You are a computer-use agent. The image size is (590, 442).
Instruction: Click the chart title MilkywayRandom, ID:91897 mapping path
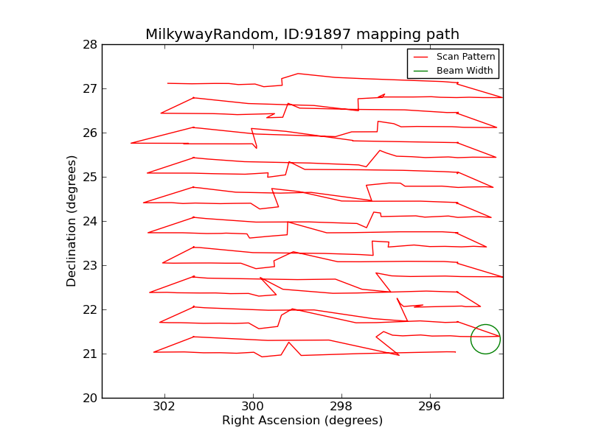point(302,35)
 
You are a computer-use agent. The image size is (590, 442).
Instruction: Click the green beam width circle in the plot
point(485,339)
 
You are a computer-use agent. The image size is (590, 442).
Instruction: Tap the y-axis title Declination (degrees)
point(72,221)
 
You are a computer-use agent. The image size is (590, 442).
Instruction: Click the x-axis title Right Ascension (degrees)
point(302,421)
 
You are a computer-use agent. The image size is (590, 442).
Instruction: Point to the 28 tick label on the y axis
point(90,45)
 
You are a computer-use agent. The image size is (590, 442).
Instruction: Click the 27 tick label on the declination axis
point(90,89)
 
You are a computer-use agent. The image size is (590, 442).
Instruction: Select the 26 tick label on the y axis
point(90,133)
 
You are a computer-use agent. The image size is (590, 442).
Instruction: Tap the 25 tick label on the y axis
point(90,178)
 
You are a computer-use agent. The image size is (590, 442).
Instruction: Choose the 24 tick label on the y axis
point(90,222)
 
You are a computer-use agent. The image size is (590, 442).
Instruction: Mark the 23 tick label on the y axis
point(90,266)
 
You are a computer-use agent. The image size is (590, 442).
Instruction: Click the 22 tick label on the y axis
point(90,310)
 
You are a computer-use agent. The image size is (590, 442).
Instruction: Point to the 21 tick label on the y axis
point(90,354)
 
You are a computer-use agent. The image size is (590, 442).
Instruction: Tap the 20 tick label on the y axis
point(90,399)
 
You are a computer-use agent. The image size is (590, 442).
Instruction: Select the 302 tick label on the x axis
point(164,407)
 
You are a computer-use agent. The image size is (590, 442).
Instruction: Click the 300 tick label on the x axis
point(253,407)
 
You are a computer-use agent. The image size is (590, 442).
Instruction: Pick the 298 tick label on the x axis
point(341,407)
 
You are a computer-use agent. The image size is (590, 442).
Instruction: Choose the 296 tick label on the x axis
point(430,407)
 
